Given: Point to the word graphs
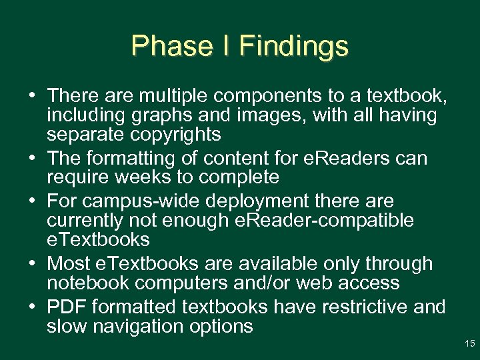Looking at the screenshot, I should click(x=164, y=116).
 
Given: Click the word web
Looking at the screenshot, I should click(x=309, y=283).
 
